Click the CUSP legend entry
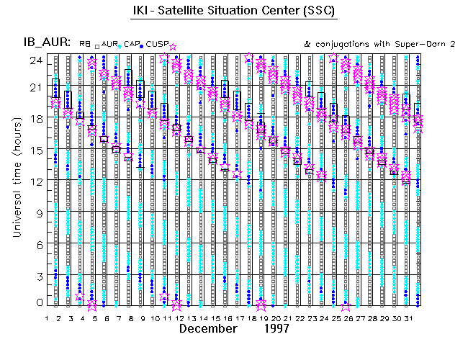157,45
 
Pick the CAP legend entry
131,45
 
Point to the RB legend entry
85,45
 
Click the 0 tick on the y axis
35,303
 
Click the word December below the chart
208,329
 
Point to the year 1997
276,329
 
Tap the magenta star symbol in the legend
173,48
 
